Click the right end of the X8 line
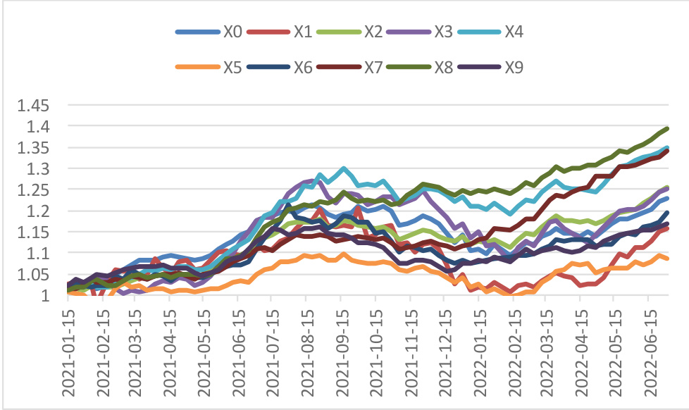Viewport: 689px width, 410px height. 667,128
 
